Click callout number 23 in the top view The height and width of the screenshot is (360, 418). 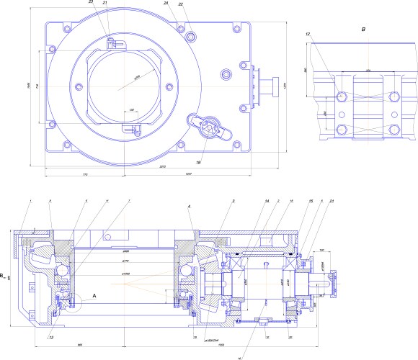pos(91,3)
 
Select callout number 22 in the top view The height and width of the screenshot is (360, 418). pos(180,4)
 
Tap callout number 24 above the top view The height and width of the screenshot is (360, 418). pos(166,4)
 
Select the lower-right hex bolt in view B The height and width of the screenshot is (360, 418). pos(393,130)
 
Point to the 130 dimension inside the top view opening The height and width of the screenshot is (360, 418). pos(131,110)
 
